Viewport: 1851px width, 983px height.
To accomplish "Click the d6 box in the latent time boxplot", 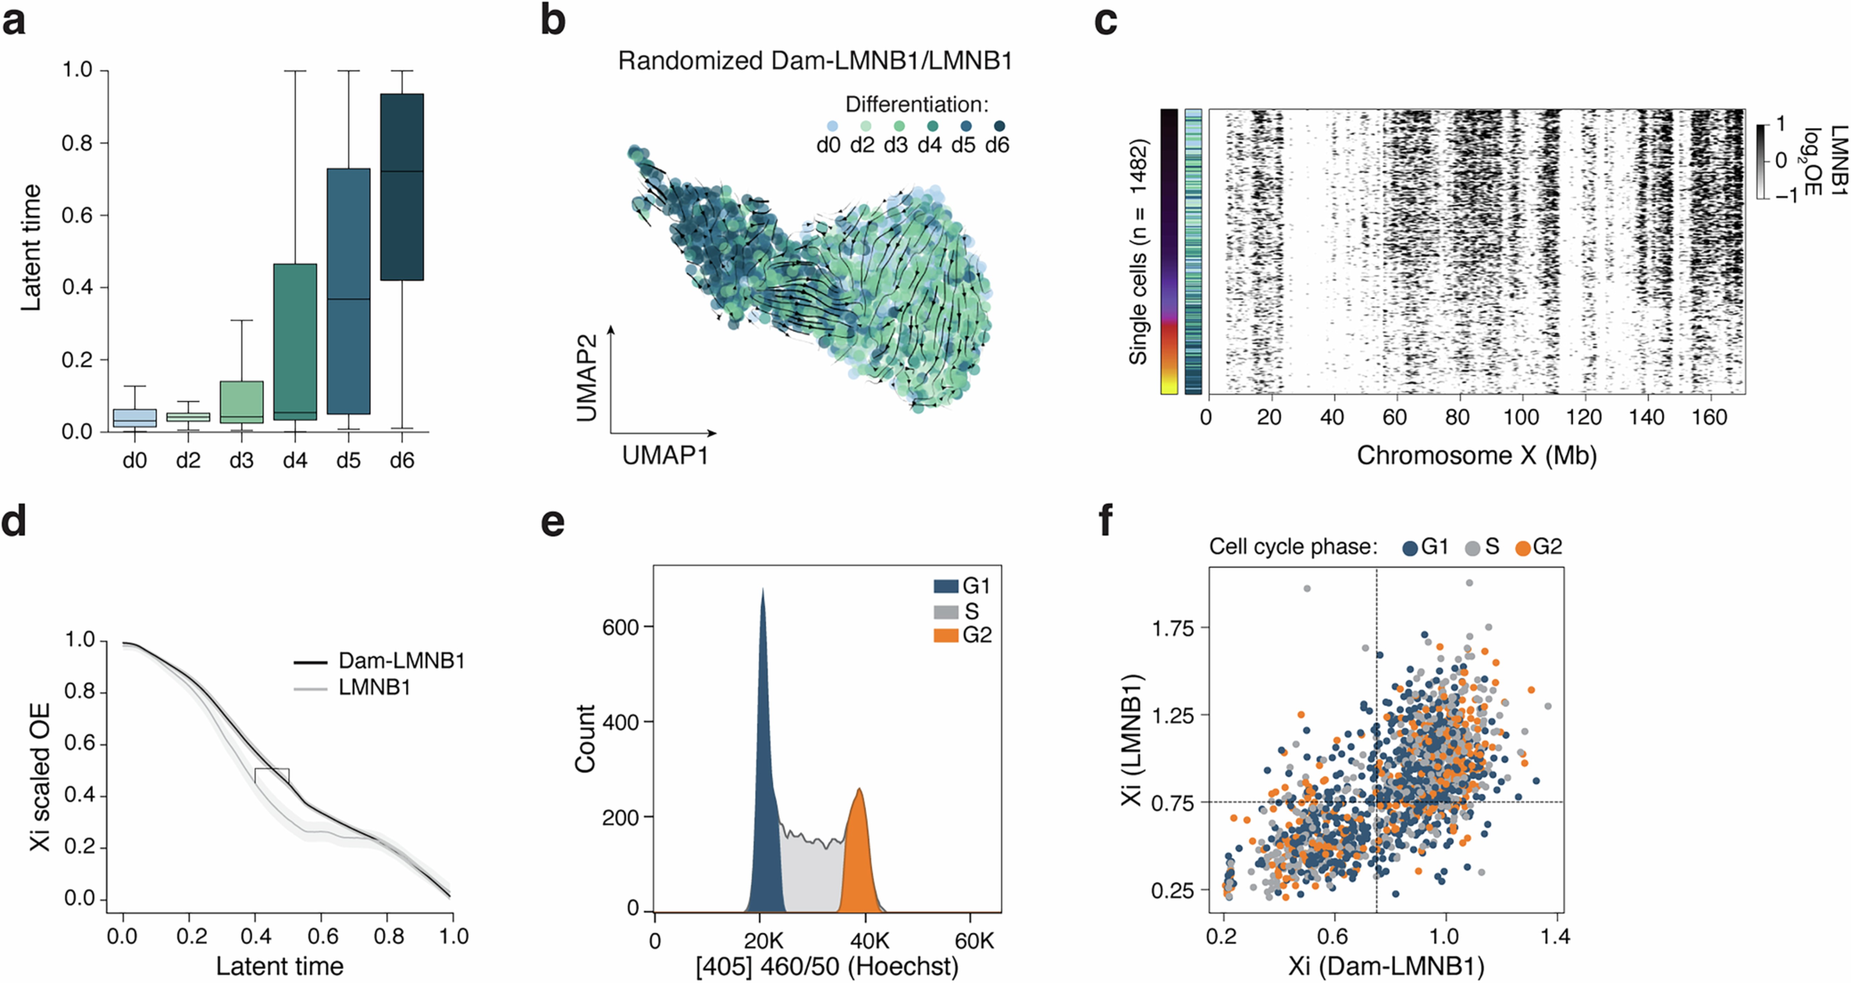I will tap(402, 187).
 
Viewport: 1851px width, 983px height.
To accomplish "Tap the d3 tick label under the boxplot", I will tap(241, 460).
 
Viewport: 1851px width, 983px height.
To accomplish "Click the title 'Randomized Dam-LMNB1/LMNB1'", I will tap(815, 61).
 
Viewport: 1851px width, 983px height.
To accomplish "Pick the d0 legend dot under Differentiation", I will tap(832, 126).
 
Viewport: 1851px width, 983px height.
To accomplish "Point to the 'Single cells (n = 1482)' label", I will tap(1138, 252).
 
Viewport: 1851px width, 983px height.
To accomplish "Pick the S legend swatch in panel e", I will tap(945, 611).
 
